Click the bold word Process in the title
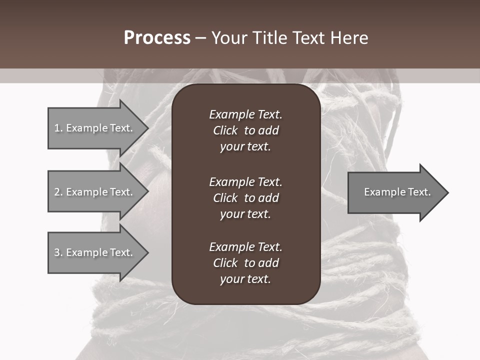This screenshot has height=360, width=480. click(157, 38)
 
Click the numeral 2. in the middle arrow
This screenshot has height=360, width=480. click(58, 192)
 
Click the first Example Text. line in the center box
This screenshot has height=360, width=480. click(245, 114)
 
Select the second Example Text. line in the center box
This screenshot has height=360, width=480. click(245, 182)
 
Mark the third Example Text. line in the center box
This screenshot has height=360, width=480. click(245, 247)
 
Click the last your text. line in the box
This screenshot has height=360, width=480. click(245, 279)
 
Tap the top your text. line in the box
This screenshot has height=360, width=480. click(245, 147)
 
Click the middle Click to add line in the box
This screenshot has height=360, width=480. click(245, 198)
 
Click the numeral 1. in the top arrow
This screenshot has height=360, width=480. click(58, 128)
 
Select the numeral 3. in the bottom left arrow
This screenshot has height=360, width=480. click(58, 252)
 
